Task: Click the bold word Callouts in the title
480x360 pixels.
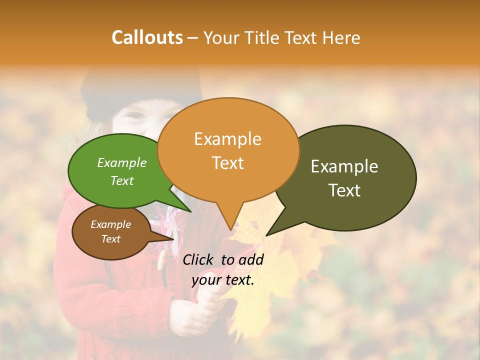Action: (x=147, y=37)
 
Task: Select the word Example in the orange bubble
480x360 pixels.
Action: (x=227, y=139)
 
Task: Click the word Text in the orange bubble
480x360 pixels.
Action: (x=227, y=163)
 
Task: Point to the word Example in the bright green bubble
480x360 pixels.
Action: (x=122, y=162)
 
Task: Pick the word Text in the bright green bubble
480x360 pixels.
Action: (x=122, y=180)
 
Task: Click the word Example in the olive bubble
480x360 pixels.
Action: (x=344, y=166)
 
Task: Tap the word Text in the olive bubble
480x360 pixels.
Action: (x=344, y=190)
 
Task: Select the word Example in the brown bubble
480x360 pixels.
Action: (x=110, y=224)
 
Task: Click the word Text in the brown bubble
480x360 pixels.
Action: (x=110, y=239)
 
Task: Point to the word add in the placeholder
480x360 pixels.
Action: (x=251, y=259)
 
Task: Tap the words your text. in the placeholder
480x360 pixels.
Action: (x=223, y=280)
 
